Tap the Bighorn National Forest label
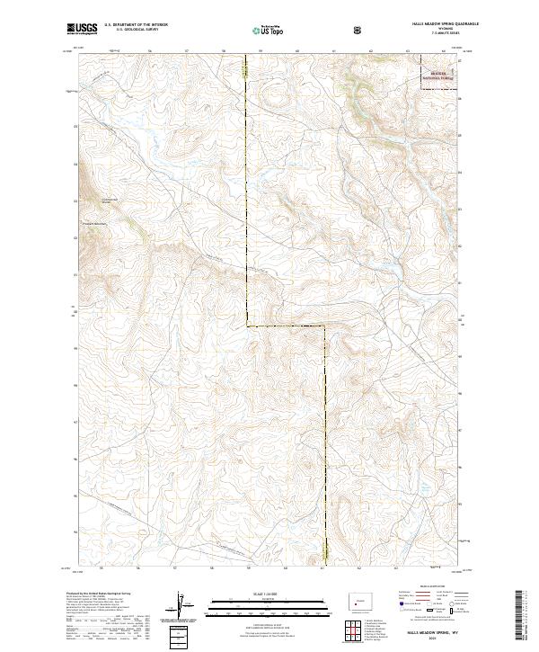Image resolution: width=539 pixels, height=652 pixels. tap(438, 77)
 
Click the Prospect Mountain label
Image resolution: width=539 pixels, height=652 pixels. tap(96, 223)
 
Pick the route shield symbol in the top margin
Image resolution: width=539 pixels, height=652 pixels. tap(358, 31)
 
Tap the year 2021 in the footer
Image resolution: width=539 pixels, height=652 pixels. tap(435, 639)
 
